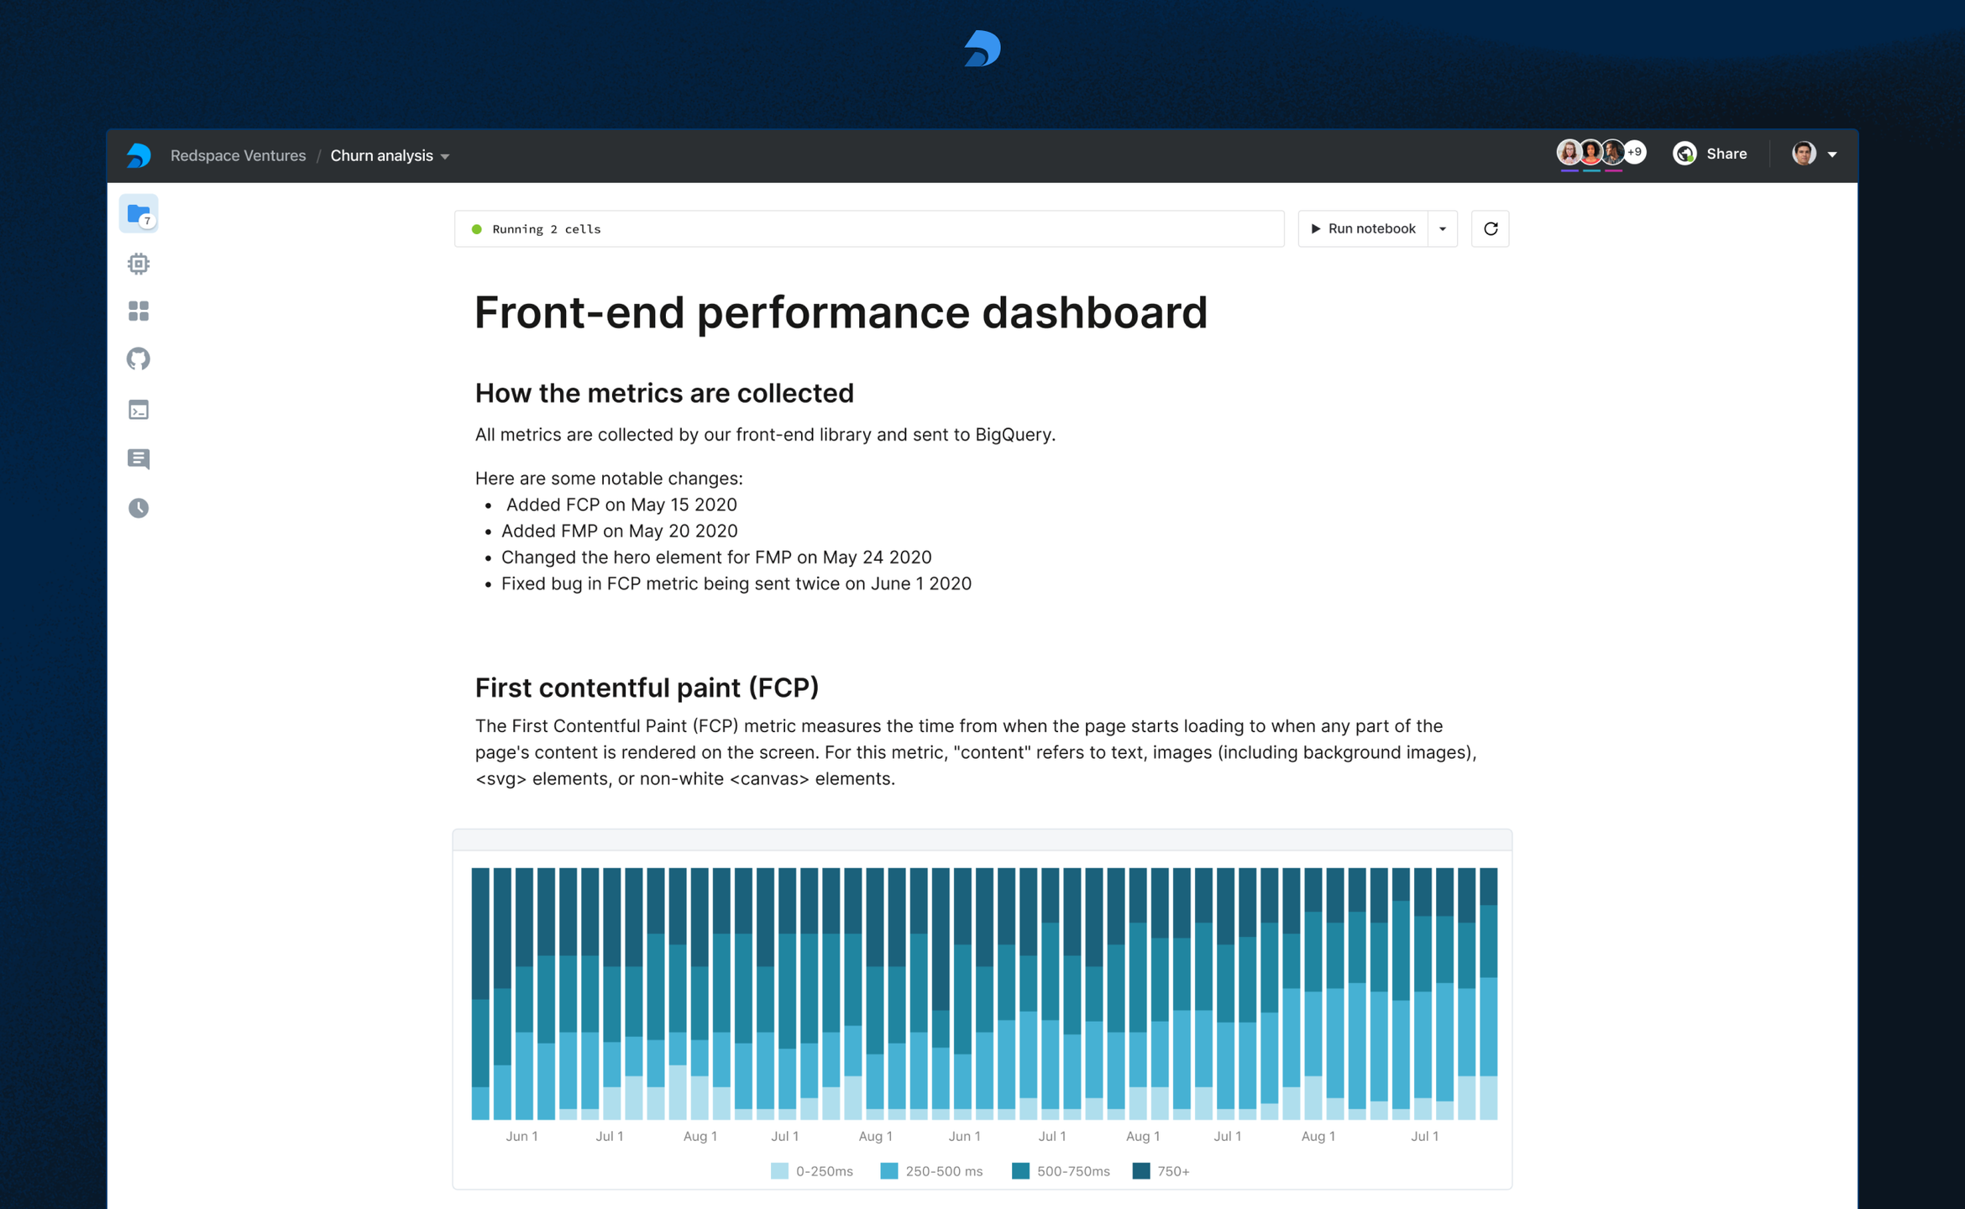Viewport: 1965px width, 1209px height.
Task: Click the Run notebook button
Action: (1363, 228)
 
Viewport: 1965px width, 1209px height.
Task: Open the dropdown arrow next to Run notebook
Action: (1443, 228)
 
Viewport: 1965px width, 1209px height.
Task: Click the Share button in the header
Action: (1710, 154)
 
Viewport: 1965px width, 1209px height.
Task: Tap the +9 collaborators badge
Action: (1634, 152)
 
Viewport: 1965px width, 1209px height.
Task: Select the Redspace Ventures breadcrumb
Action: (238, 155)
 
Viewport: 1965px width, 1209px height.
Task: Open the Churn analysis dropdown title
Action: (390, 155)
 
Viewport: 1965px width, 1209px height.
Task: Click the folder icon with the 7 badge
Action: (139, 214)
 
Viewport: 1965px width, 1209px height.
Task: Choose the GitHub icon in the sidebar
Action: (139, 359)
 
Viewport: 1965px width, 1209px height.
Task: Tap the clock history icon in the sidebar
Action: (139, 508)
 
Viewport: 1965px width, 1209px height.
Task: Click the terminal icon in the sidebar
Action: (139, 410)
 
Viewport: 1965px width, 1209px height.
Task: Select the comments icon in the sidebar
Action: (139, 458)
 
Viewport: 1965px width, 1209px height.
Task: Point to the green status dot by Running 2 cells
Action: (477, 229)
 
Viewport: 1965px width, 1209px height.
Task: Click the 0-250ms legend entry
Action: (811, 1171)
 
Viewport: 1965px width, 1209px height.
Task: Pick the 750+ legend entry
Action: (1161, 1171)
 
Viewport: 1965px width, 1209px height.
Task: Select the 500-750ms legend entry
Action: (1061, 1171)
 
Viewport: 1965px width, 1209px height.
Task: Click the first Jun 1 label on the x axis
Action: (521, 1136)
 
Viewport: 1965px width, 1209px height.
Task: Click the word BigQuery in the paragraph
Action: (1013, 434)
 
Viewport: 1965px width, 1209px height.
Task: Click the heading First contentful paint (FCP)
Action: (647, 688)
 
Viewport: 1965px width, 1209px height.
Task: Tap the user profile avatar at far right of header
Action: (1804, 154)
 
